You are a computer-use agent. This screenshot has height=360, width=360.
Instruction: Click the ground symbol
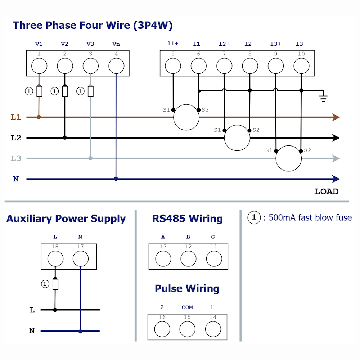323,97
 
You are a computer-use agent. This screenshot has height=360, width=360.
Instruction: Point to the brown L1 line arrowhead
336,117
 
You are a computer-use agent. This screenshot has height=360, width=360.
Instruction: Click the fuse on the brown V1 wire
39,91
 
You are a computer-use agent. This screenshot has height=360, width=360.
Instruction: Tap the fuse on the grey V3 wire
91,91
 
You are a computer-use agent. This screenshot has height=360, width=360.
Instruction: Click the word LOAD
326,192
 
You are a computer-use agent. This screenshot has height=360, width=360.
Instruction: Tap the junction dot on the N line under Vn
116,179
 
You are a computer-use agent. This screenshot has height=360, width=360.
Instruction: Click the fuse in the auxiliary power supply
55,284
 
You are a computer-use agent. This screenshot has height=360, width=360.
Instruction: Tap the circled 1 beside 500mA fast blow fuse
254,217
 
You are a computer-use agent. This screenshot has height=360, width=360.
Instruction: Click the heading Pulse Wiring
187,289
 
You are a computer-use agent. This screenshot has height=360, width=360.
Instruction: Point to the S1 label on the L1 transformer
166,110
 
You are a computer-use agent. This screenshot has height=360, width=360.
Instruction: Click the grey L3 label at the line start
16,158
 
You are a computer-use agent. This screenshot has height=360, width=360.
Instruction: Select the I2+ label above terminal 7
224,44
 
